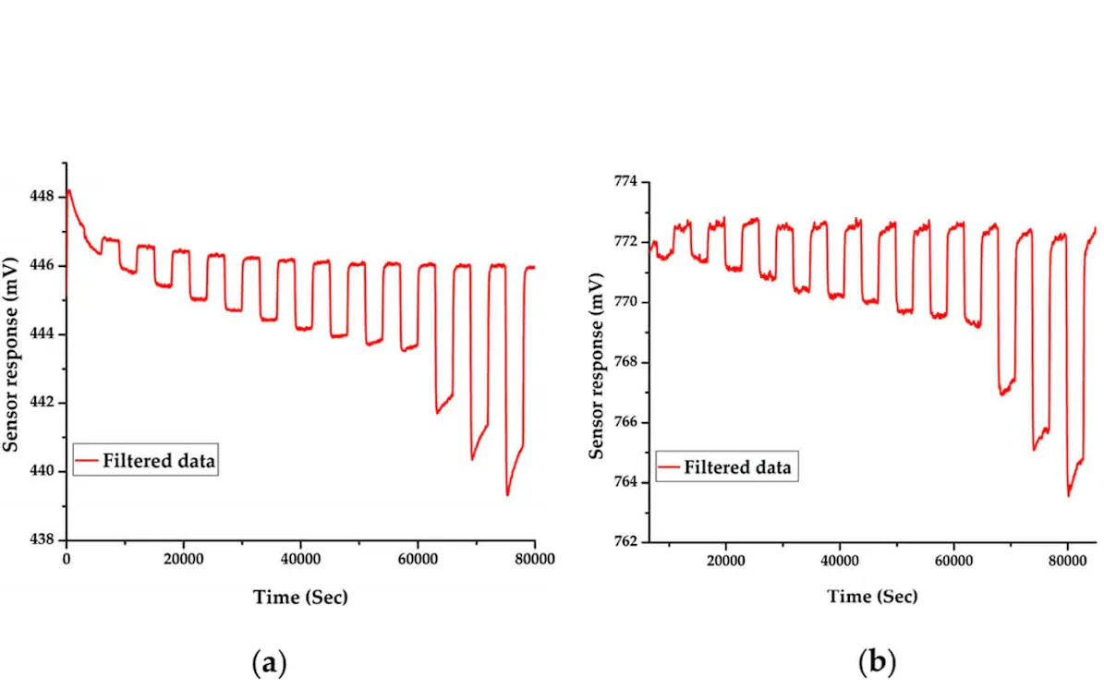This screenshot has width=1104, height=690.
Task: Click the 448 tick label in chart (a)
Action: pos(42,197)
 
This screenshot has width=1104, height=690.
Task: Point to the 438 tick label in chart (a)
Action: pos(42,539)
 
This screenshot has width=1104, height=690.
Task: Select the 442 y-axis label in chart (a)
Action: pos(42,403)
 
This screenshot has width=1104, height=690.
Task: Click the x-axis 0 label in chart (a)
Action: pos(67,560)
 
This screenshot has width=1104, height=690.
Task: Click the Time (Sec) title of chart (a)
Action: pos(300,598)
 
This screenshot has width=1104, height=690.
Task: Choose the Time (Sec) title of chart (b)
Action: pos(872,597)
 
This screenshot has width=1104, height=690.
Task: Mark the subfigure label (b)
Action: pos(877,662)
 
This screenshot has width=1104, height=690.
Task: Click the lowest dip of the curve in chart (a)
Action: pos(507,495)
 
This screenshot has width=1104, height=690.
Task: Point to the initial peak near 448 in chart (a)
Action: pos(69,190)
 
